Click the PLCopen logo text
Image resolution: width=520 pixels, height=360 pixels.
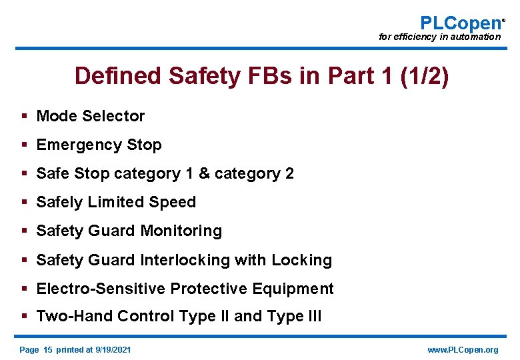point(461,23)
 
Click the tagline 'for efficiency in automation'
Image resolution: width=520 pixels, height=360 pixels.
point(439,37)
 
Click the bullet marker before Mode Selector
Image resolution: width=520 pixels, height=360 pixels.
point(24,116)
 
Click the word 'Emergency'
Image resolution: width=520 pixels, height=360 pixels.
point(73,145)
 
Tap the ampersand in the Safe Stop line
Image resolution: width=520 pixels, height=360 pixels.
point(204,173)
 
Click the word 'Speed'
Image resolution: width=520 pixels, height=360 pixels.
point(175,202)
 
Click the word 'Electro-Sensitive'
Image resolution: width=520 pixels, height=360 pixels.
point(101,288)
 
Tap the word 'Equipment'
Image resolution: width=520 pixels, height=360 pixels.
point(298,288)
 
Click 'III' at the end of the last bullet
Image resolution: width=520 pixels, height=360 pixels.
point(313,317)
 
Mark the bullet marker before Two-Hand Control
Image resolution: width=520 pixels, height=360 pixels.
point(24,317)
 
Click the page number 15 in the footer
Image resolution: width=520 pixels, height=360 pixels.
point(47,349)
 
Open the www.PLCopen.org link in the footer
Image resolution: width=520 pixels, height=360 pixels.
point(462,349)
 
